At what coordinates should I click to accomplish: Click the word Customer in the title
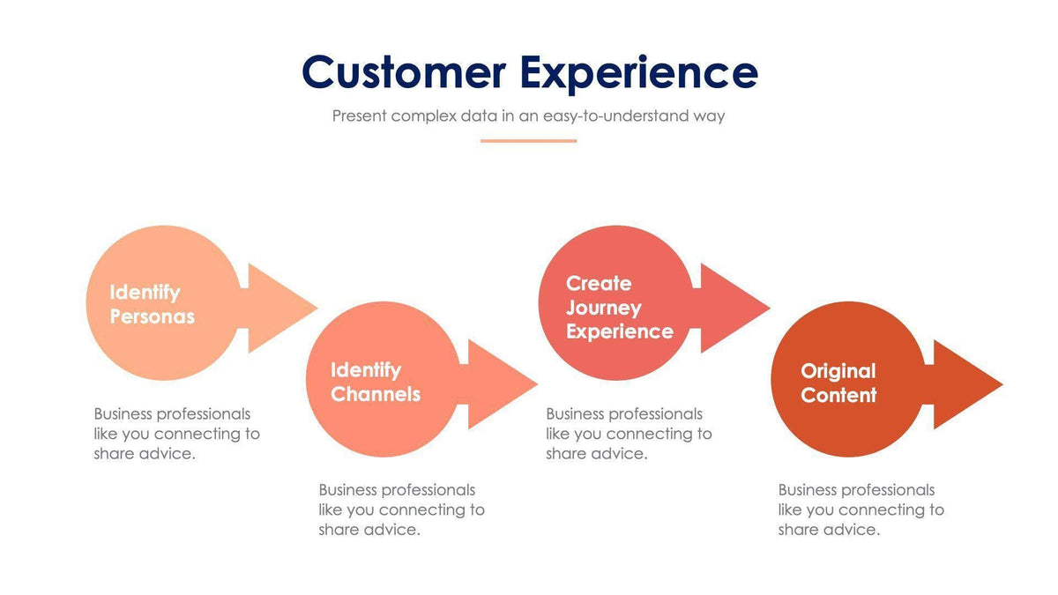(403, 72)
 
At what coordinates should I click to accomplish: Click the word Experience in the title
(638, 72)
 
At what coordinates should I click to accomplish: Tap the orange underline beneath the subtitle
(528, 140)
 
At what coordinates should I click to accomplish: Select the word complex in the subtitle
(423, 115)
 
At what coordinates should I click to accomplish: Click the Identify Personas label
(152, 304)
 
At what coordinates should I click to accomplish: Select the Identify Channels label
(375, 382)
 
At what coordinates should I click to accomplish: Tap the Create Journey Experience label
(619, 307)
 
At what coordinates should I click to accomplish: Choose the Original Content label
(838, 383)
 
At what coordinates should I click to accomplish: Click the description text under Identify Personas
(176, 434)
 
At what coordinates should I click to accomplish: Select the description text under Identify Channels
(401, 509)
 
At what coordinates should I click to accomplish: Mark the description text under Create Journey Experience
(629, 434)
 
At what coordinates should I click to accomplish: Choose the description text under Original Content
(861, 509)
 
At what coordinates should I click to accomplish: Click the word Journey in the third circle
(603, 308)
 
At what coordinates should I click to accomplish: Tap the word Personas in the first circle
(152, 316)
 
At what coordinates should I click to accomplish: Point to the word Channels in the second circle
(376, 394)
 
